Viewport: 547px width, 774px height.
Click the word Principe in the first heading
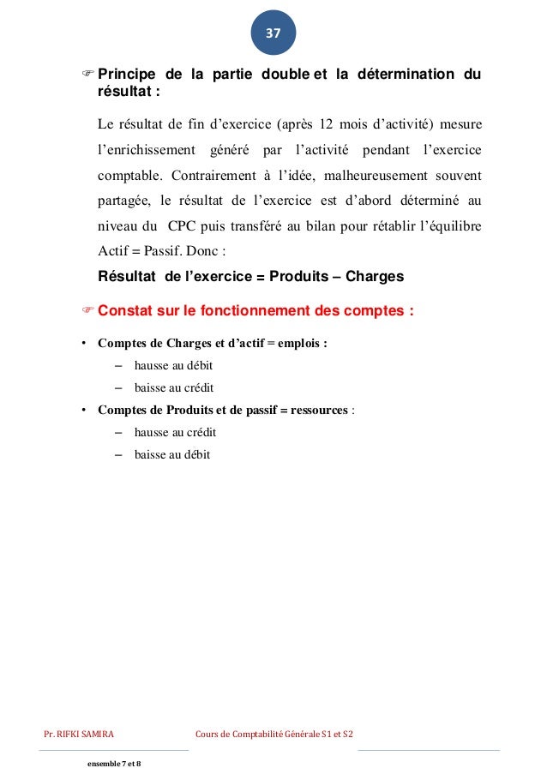(x=129, y=75)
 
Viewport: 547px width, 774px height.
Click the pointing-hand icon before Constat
(x=87, y=311)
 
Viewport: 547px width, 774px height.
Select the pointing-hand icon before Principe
(x=87, y=75)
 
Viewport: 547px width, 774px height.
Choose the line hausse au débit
(x=173, y=365)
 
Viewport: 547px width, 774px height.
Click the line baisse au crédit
(x=174, y=387)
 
